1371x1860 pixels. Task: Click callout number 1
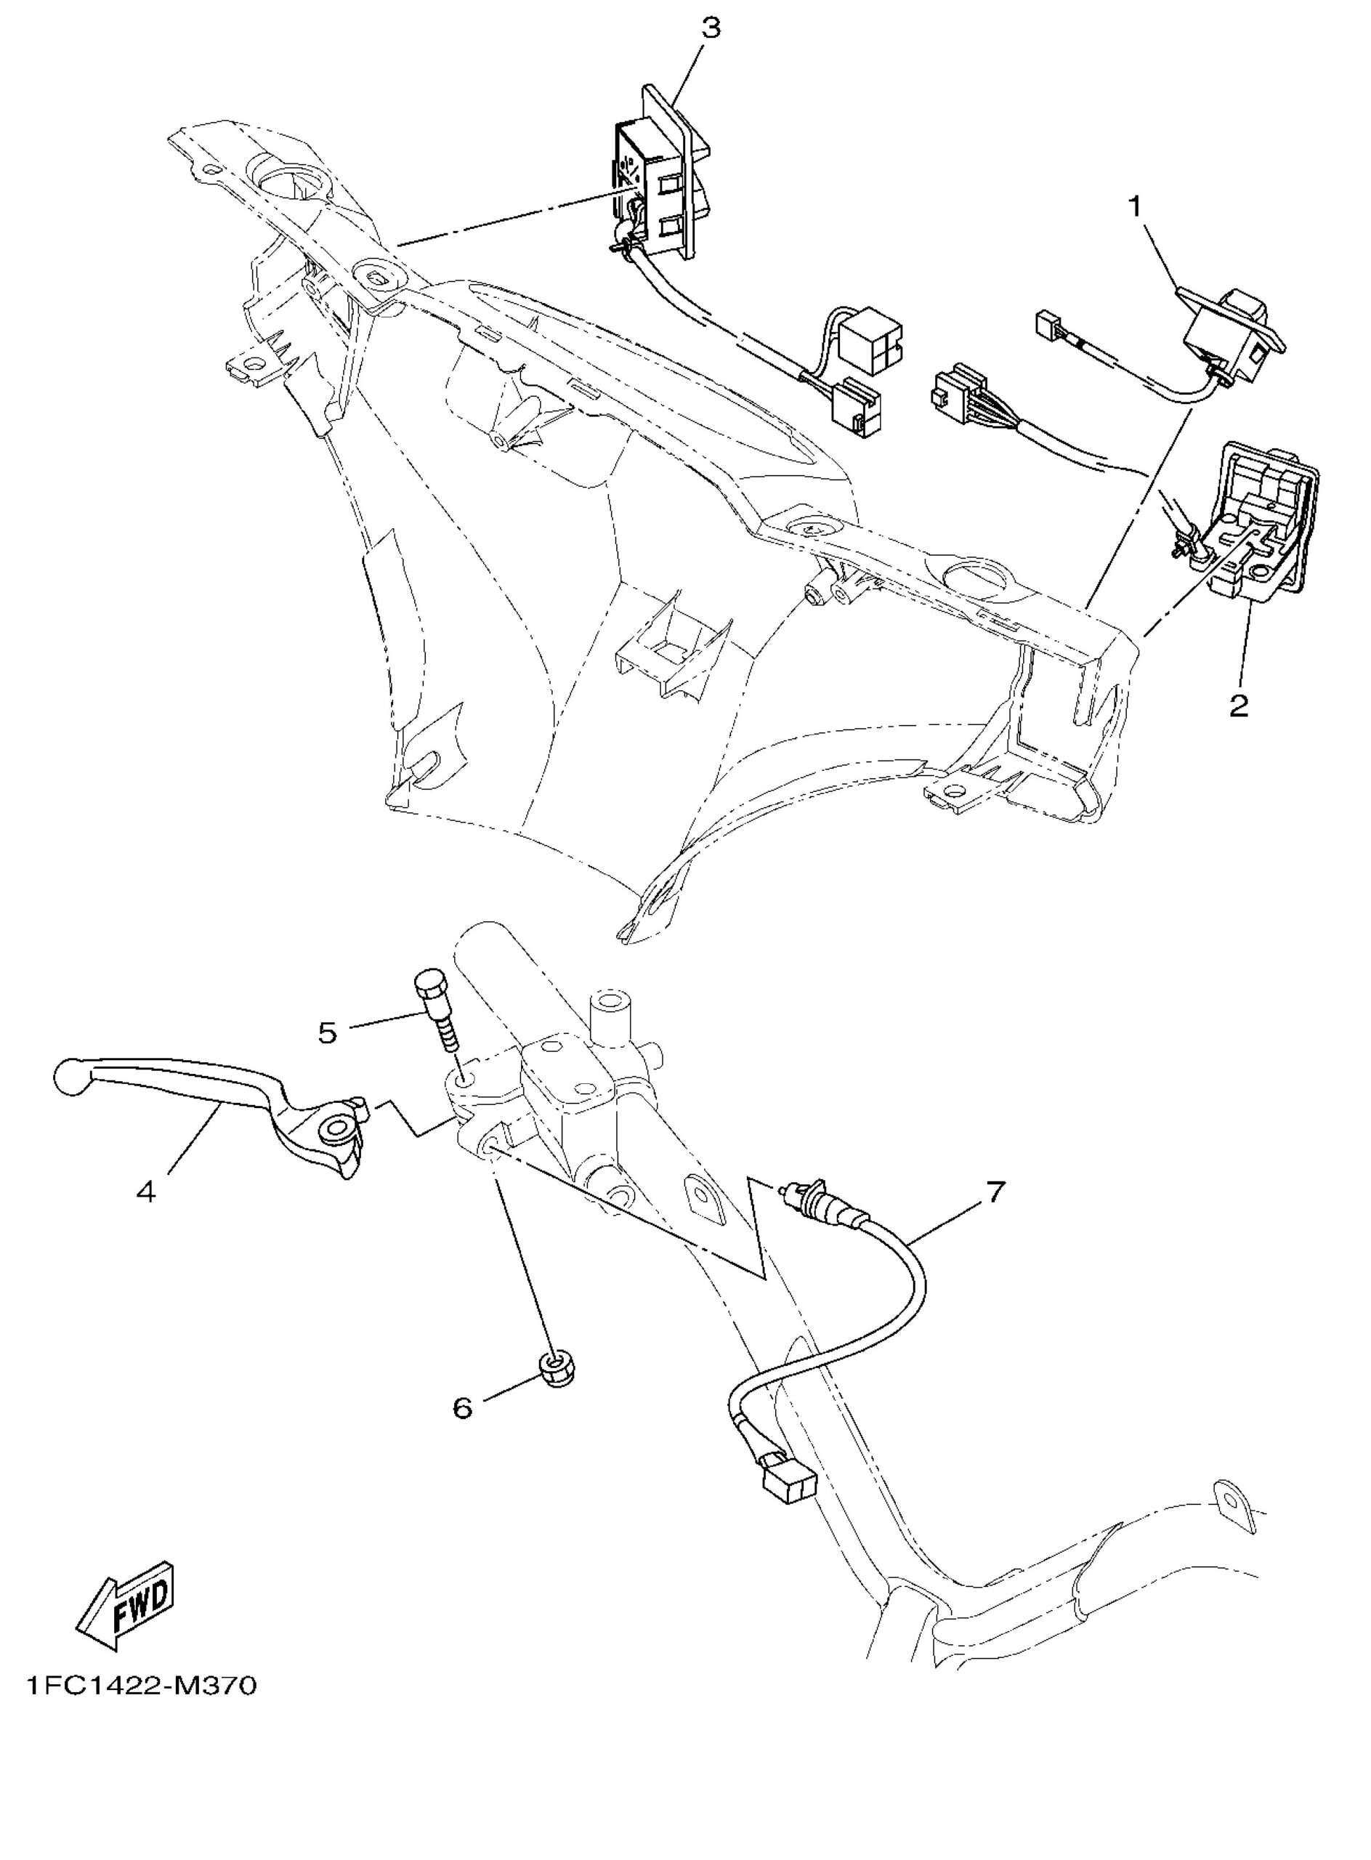point(1133,206)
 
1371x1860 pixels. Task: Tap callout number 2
point(1238,705)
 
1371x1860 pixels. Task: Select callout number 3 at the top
point(711,28)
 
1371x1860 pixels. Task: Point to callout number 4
point(145,1192)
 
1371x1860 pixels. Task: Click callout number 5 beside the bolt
point(328,1032)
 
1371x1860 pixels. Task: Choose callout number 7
point(995,1191)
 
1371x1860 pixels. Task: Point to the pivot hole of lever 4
point(339,1129)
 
